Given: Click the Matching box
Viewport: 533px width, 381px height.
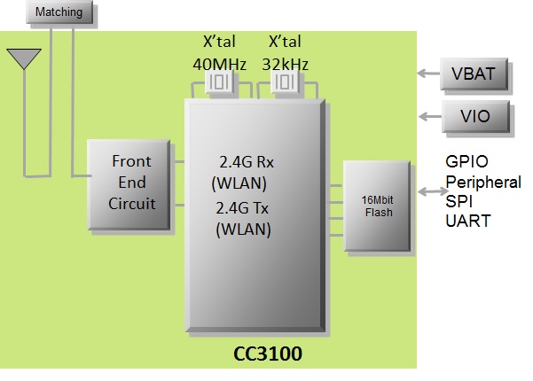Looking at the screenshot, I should pyautogui.click(x=59, y=12).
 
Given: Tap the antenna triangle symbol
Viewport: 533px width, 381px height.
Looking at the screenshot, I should pyautogui.click(x=23, y=58).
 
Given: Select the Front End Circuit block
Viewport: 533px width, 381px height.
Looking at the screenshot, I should pyautogui.click(x=130, y=183).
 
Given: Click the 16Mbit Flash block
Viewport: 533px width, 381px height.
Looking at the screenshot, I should pyautogui.click(x=379, y=206).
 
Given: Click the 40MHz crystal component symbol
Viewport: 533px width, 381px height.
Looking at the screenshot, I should pyautogui.click(x=218, y=83).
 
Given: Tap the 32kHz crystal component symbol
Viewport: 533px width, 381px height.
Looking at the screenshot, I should pyautogui.click(x=285, y=83).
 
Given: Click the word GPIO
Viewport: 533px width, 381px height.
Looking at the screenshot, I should pyautogui.click(x=466, y=162).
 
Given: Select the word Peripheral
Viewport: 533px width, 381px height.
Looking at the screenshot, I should pyautogui.click(x=482, y=182).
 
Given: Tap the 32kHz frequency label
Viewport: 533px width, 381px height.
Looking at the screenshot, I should pyautogui.click(x=285, y=64).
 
